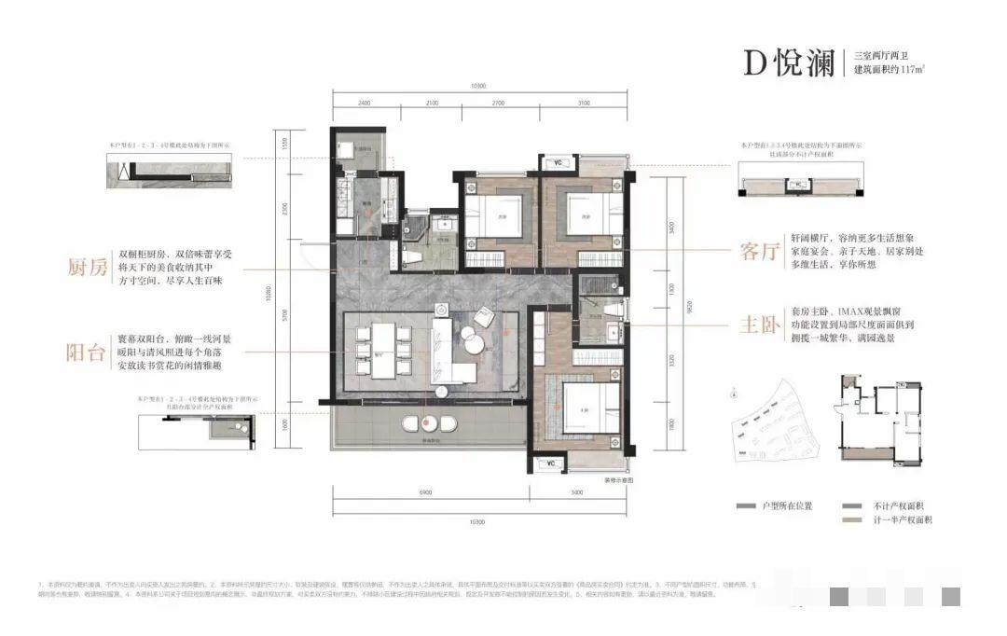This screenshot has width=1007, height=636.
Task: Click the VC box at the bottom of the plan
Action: point(551,463)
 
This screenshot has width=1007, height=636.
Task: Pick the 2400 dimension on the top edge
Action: point(364,103)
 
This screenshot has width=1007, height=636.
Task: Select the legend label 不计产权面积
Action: point(895,505)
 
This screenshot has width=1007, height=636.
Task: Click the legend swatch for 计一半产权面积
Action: point(850,519)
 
